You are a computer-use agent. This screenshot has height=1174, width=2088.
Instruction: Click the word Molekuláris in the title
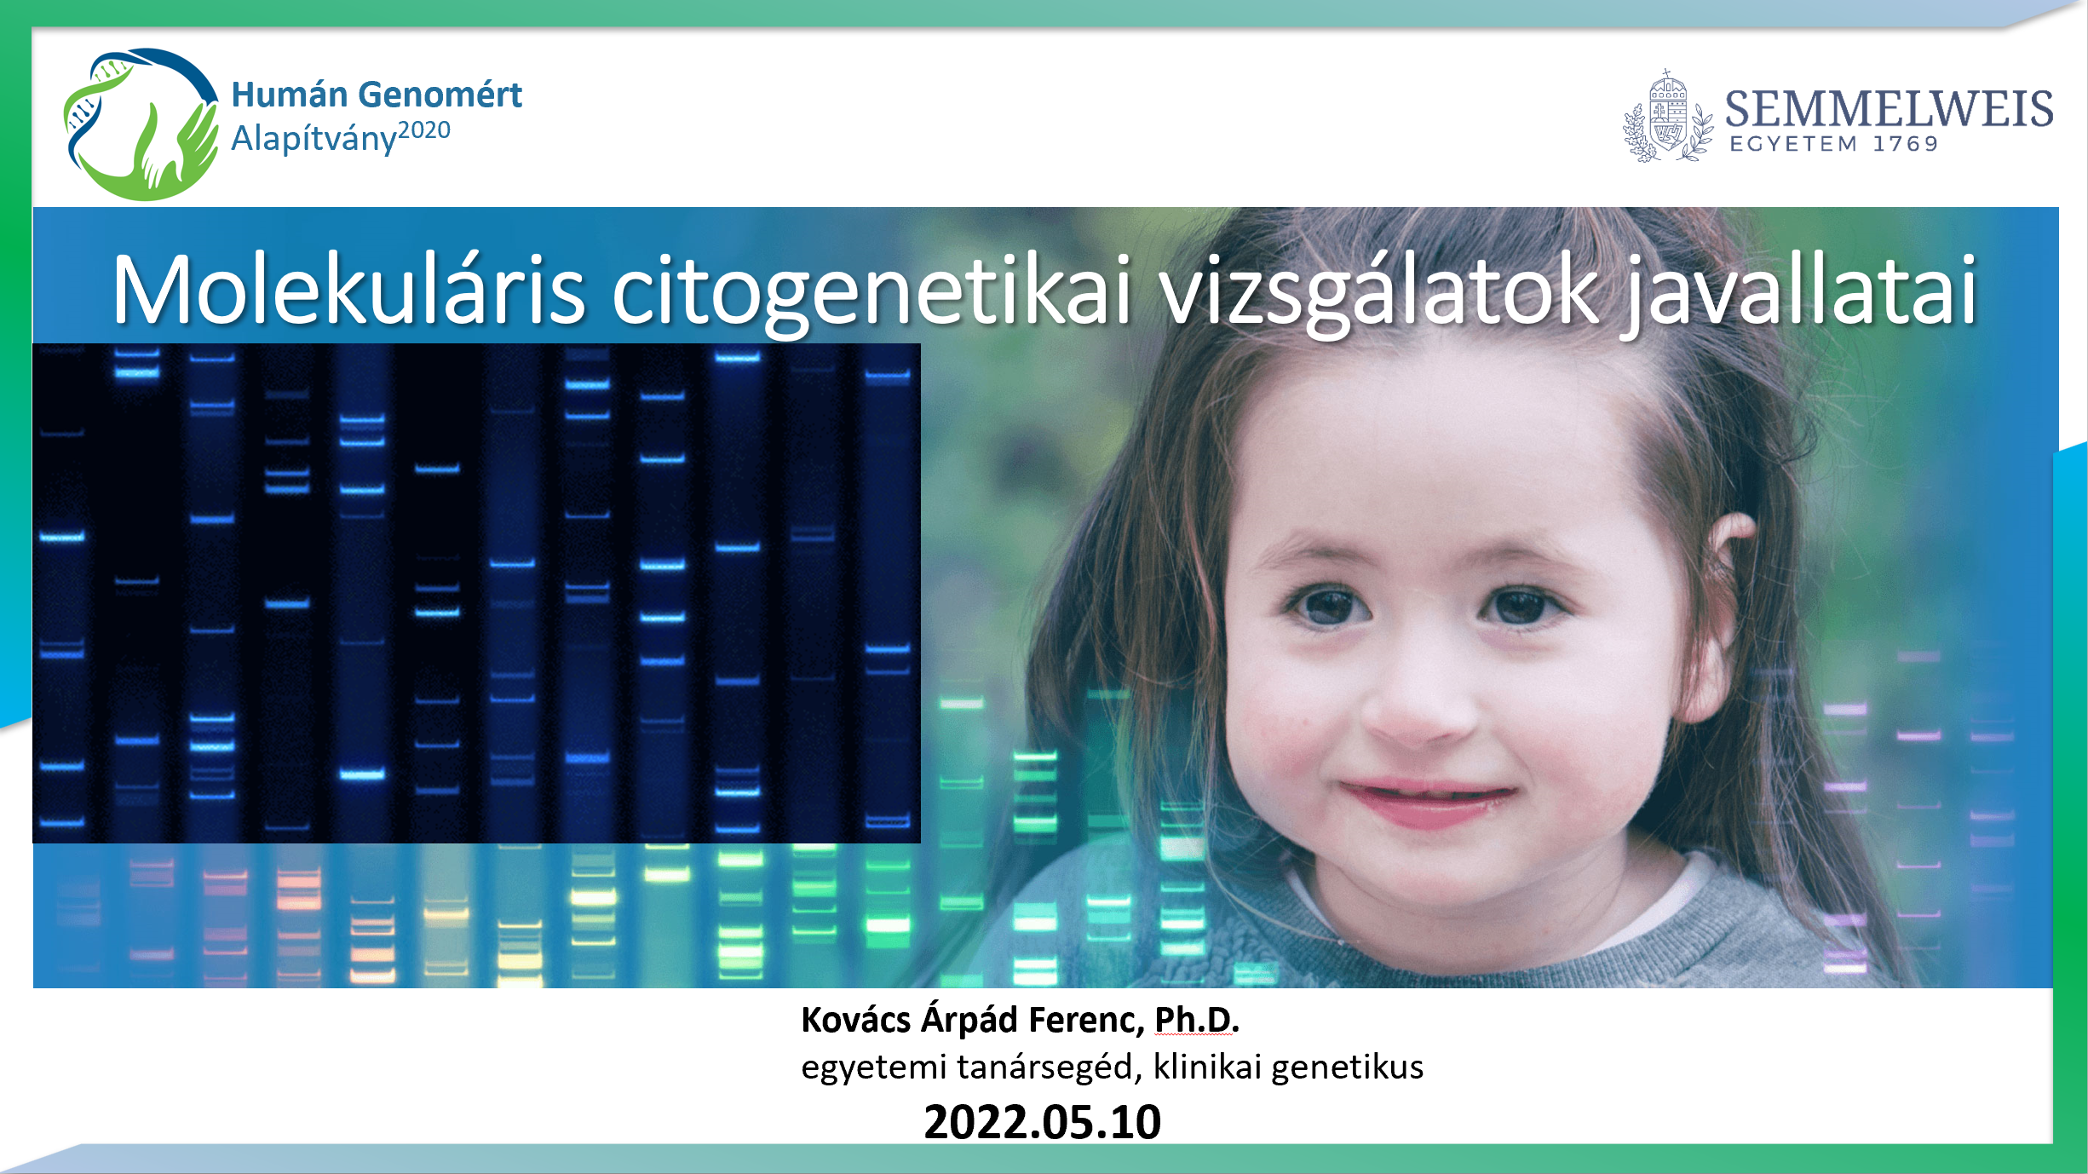point(349,290)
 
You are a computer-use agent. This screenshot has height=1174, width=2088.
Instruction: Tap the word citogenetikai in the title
point(872,294)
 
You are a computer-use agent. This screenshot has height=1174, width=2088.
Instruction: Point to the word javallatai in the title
point(1799,294)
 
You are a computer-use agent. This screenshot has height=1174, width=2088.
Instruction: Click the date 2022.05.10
point(1043,1122)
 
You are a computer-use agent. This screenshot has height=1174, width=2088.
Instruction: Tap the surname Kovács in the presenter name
point(856,1020)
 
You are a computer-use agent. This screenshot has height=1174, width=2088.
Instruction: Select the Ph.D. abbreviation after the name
point(1196,1020)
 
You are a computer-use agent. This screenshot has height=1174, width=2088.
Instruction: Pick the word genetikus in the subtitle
point(1347,1068)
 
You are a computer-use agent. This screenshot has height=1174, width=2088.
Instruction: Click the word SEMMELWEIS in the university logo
point(1889,109)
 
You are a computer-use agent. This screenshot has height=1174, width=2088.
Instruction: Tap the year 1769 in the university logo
point(1906,144)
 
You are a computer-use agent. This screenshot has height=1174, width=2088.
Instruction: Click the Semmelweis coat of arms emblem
point(1667,117)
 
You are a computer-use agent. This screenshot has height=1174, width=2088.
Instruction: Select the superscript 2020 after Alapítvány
point(424,130)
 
